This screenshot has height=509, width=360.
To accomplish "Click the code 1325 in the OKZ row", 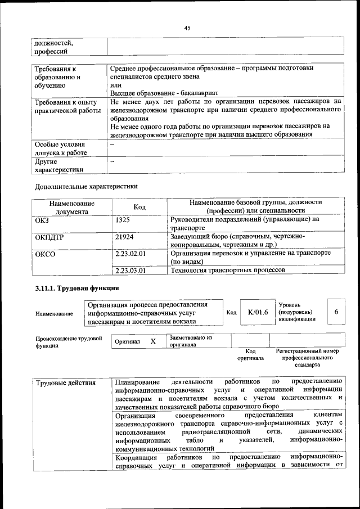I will point(123,220).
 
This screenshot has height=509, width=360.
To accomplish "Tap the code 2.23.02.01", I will point(130,254).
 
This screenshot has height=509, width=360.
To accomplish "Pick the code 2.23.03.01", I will point(130,270).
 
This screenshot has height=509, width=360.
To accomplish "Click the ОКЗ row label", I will point(42,220).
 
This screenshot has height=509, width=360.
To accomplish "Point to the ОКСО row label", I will point(45,254).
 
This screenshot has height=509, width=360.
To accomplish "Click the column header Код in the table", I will point(139,207).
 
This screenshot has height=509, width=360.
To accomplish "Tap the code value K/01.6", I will point(258,312).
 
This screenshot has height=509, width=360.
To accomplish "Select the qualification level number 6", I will point(336,312).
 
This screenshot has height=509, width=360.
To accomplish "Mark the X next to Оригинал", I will point(152,341).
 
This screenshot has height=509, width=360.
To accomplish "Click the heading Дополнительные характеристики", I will point(86,186).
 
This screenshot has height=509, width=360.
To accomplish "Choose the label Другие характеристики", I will point(59,165).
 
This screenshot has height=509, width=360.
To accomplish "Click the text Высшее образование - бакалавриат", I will point(164,92).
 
